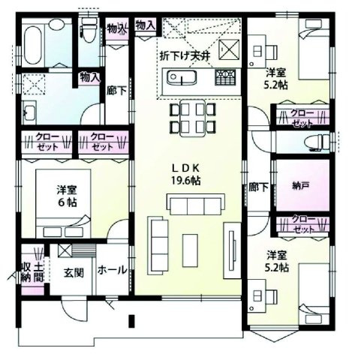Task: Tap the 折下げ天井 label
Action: pos(188,54)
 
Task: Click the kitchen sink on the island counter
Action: pos(181,77)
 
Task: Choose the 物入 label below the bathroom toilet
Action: pos(90,77)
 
